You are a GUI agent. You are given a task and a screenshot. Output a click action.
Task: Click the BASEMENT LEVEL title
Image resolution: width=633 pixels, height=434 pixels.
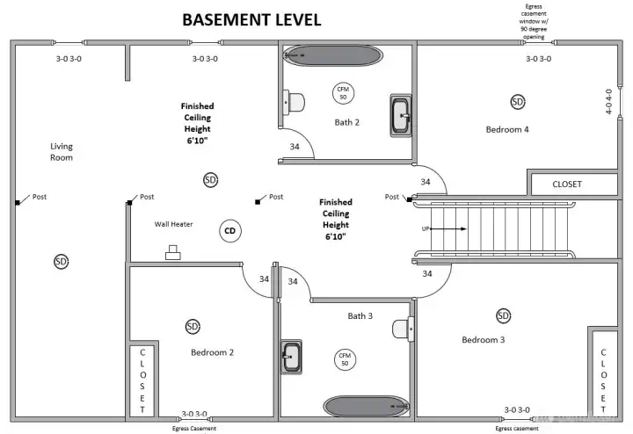(x=251, y=19)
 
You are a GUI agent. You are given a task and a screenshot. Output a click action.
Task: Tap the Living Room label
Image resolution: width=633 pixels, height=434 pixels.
(x=62, y=152)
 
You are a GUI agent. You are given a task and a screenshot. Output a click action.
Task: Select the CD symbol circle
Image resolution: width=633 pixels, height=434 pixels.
(x=230, y=231)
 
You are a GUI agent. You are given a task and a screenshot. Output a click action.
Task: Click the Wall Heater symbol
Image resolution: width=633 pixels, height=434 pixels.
(x=172, y=254)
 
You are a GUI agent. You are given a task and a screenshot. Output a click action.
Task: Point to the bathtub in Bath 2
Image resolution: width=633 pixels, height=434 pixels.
(x=333, y=55)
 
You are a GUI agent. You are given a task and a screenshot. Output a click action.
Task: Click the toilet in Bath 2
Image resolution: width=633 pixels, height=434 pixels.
(x=293, y=102)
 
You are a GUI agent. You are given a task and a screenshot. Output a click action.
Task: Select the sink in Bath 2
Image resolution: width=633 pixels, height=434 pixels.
(x=402, y=115)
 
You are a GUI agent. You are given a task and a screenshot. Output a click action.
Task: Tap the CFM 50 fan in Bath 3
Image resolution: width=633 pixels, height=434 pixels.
(x=344, y=358)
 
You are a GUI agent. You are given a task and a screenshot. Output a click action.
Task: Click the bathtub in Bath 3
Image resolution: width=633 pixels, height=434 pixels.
(x=361, y=406)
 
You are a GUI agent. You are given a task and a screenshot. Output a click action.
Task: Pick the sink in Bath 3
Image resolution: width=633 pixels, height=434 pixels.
(x=292, y=357)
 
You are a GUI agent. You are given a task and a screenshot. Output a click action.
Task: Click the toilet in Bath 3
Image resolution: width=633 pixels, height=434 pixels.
(x=404, y=329)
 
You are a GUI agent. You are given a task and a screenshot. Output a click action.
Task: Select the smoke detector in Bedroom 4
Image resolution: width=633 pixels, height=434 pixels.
(x=517, y=102)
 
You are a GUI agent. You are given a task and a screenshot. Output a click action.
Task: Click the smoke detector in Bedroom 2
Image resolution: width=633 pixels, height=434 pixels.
(x=193, y=327)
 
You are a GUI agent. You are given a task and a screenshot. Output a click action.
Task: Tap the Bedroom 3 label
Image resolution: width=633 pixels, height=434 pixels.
(x=483, y=339)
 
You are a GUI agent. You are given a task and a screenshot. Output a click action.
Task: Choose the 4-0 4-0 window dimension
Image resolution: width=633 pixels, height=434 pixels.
(x=609, y=102)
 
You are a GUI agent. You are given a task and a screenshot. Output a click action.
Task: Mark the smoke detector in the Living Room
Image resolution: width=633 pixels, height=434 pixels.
(x=61, y=261)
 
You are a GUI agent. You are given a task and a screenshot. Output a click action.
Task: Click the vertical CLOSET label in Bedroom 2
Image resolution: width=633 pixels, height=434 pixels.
(x=141, y=380)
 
